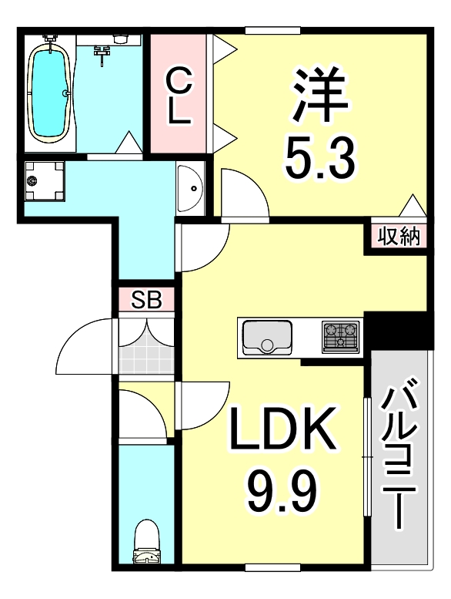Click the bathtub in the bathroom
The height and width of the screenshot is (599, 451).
[x=51, y=90]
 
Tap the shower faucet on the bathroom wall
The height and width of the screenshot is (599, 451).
[x=101, y=52]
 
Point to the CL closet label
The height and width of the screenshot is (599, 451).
[x=178, y=96]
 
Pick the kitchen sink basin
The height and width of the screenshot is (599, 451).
[x=266, y=337]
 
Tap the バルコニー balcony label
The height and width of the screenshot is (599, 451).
[x=401, y=455]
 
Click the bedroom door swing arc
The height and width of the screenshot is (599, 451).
[x=244, y=195]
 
